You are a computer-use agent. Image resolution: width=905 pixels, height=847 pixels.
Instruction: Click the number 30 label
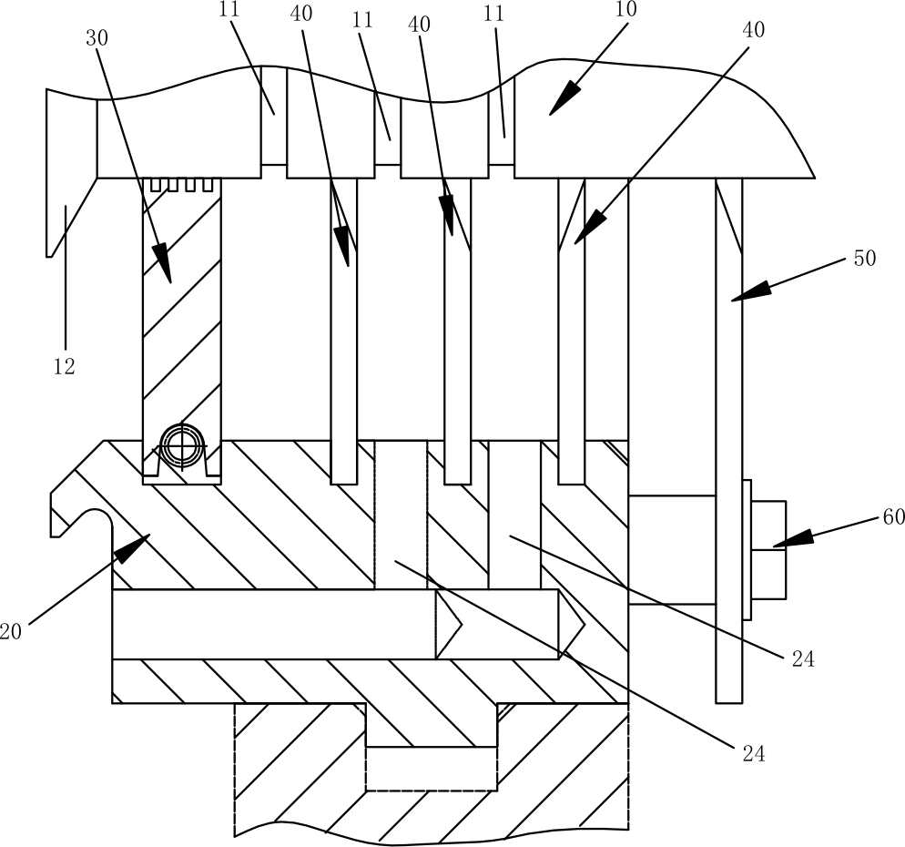tap(97, 38)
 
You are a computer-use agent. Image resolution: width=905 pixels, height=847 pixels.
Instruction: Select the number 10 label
tap(626, 11)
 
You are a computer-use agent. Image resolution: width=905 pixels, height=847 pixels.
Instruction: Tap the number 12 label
tap(63, 367)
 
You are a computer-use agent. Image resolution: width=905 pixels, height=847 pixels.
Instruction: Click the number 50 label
tap(864, 259)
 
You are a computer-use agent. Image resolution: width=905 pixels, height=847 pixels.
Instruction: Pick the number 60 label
tap(893, 517)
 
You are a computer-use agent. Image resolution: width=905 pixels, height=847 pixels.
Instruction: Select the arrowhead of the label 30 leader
tap(165, 270)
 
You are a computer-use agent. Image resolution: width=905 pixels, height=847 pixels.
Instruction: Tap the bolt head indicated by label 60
tap(768, 549)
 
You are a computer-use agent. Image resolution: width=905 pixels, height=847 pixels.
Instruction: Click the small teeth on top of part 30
tap(182, 185)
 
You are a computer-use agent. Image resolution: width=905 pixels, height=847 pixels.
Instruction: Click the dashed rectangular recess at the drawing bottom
tap(431, 769)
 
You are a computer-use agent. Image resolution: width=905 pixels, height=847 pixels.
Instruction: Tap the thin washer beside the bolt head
tap(747, 549)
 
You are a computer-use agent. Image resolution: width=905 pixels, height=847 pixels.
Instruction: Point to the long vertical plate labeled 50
tap(729, 437)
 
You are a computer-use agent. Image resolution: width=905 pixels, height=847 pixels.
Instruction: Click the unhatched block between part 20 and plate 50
tap(672, 549)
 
